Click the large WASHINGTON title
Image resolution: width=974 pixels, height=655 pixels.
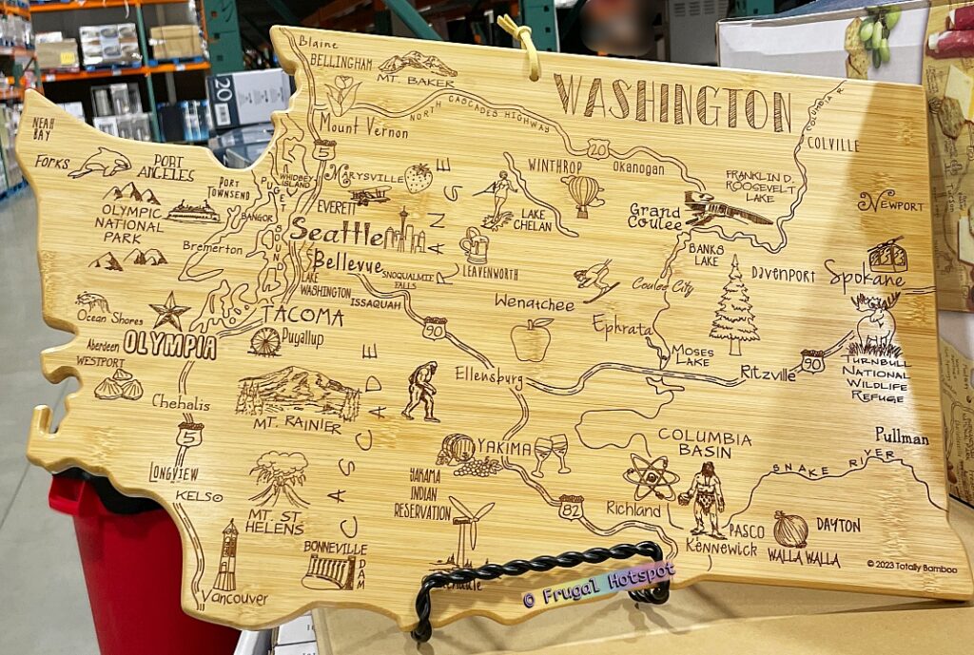pos(672,104)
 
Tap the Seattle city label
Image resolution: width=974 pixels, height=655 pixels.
pos(337,231)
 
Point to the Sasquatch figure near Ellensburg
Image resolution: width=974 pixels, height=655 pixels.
pos(419,391)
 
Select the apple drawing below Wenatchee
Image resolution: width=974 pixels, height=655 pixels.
pos(531,339)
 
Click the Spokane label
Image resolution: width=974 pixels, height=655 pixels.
pos(864,277)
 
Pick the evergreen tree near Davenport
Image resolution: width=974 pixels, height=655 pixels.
pos(733,303)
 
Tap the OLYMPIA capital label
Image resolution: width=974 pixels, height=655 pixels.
pos(169,344)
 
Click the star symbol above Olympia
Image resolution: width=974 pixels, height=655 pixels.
pos(169,310)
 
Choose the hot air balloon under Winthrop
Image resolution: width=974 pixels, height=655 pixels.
pos(582,194)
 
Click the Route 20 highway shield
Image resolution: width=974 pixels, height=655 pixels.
pos(597,148)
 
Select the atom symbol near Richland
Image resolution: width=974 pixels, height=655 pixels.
pos(651,476)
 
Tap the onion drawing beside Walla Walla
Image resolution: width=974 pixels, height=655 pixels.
pos(789,529)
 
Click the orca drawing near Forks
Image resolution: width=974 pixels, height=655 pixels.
pos(100,163)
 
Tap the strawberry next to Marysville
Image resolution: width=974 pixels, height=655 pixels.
pos(417,178)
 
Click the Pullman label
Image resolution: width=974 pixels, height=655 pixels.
pos(902,437)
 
